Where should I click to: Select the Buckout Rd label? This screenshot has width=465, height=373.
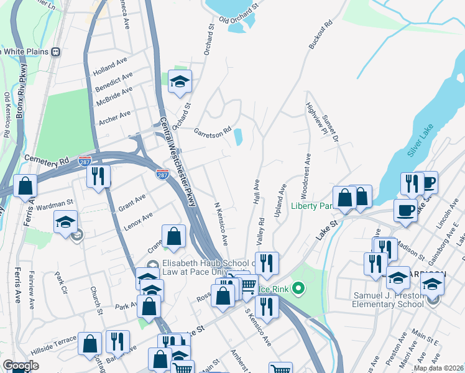321,39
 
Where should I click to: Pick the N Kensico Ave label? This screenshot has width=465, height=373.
221,223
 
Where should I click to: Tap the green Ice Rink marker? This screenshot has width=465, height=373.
299,288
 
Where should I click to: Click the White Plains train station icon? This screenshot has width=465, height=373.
57,52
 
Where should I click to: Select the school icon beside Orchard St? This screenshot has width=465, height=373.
180,81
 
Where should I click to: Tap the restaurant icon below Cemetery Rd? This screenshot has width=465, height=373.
98,176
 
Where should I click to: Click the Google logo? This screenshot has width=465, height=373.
21,366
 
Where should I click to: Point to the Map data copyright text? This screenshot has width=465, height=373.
438,368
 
